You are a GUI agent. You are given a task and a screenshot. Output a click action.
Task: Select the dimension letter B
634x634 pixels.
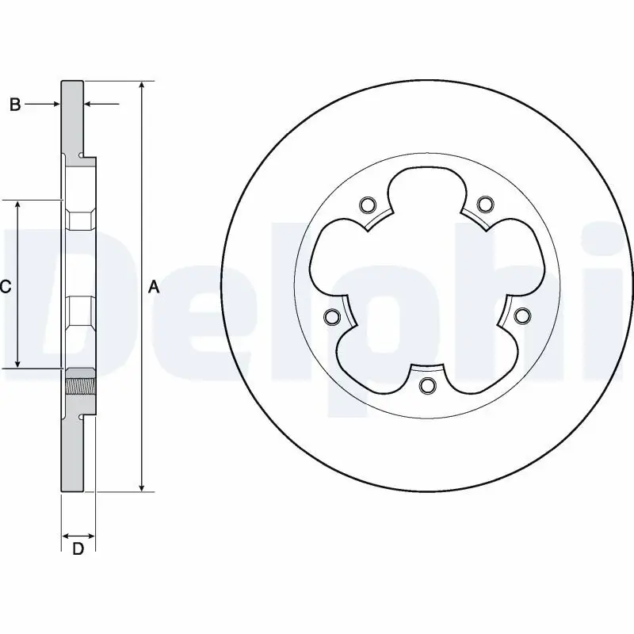click(14, 104)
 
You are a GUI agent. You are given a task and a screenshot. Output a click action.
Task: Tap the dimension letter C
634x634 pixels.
click(5, 287)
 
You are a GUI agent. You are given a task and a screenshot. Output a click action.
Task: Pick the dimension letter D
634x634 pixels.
click(78, 549)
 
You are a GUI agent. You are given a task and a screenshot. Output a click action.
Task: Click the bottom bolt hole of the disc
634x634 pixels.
click(428, 386)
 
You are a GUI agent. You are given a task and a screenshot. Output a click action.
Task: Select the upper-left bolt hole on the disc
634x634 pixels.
click(366, 206)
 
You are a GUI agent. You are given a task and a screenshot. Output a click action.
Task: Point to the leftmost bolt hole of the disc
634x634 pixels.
click(331, 317)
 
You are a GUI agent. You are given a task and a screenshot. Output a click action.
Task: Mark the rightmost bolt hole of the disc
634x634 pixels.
click(521, 316)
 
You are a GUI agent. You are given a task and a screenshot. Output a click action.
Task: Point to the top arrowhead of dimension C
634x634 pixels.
click(18, 205)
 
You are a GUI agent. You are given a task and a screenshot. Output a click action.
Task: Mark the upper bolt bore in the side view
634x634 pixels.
click(80, 216)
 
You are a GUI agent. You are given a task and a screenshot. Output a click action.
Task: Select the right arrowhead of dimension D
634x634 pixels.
click(90, 537)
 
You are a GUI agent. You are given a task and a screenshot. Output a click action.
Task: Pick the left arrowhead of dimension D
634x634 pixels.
click(67, 537)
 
